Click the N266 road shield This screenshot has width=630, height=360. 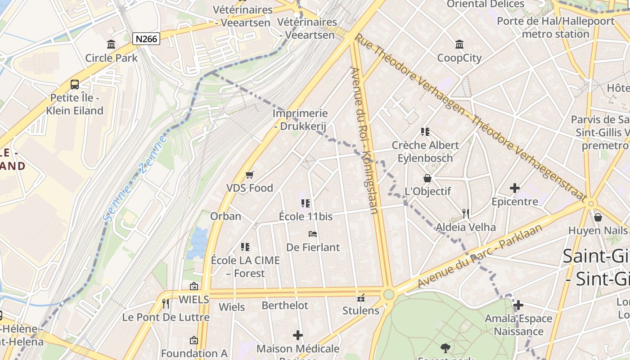pos(147,39)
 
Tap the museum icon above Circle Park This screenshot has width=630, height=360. pos(111,44)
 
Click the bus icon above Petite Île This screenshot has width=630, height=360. pos(75,84)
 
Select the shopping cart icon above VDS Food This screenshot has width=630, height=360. pos(249,175)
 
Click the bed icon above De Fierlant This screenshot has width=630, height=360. pos(313,234)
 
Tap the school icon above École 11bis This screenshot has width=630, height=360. pos(306,203)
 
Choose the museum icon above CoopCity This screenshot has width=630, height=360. pos(459,44)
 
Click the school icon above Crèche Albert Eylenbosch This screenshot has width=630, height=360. pos(425,131)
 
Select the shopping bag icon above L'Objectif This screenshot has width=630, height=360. pos(427,178)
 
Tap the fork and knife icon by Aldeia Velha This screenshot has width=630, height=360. pos(466,214)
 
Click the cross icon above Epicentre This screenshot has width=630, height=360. pos(515,188)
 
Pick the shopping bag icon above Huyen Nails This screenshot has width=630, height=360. pos(598,217)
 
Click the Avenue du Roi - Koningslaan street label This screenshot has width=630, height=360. pos(365,140)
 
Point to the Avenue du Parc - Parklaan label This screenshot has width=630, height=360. pos(480,255)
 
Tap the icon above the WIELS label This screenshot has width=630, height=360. pos(194,286)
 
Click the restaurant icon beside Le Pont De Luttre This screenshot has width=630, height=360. pos(166,304)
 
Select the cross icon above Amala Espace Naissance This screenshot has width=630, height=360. pos(518,306)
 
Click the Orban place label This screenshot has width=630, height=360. pos(226,216)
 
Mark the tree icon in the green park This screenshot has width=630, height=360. pos(445,348)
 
